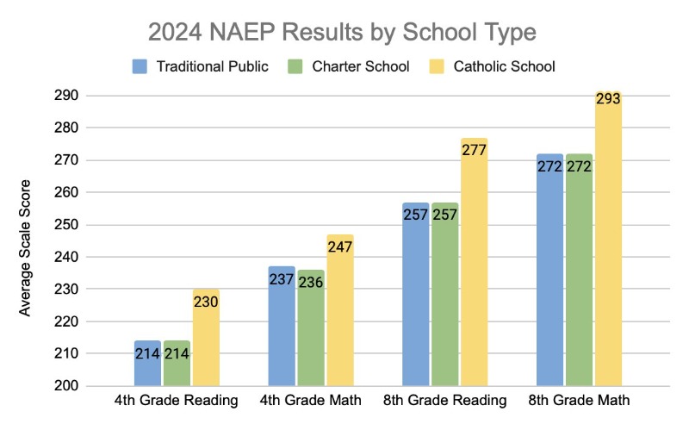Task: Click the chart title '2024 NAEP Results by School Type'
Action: click(x=342, y=32)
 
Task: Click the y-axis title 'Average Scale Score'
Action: click(x=25, y=247)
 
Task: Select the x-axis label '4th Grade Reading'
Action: click(x=177, y=402)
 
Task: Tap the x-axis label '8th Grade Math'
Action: click(x=579, y=402)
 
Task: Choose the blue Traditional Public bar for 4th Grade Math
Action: click(x=282, y=327)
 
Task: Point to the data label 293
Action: click(x=608, y=98)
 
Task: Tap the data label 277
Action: click(x=474, y=150)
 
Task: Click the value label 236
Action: click(x=311, y=282)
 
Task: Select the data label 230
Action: click(x=206, y=302)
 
